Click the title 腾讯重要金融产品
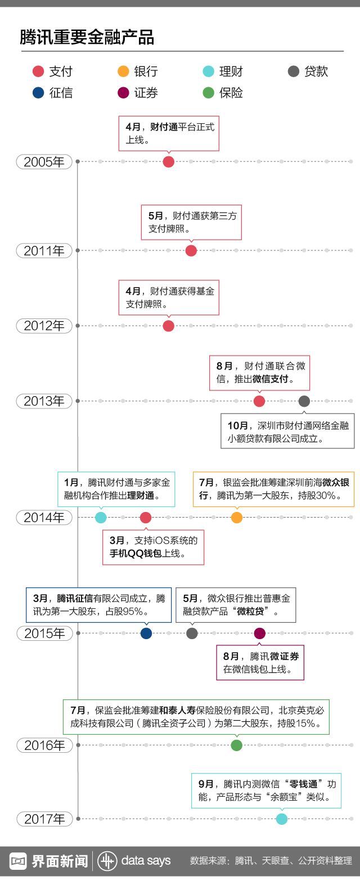coord(87,38)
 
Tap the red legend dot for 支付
coord(38,71)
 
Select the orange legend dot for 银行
coord(123,71)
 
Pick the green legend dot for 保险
coord(208,93)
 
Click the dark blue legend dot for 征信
coord(38,93)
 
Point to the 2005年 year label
coord(44,162)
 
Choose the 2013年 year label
coord(44,401)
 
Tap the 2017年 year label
coord(44,819)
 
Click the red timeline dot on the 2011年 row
coord(191,250)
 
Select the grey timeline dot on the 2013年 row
coord(304,401)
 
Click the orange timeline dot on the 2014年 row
coord(237,518)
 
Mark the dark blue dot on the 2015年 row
coord(146,634)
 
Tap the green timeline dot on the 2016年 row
coord(237,745)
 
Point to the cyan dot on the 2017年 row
coord(282,819)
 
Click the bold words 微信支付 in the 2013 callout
coord(271,379)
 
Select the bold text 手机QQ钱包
coord(136,554)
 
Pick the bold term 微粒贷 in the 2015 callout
coord(250,612)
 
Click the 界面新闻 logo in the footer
coord(49,861)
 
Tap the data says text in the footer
coord(146,861)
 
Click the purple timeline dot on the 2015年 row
coord(259,634)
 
